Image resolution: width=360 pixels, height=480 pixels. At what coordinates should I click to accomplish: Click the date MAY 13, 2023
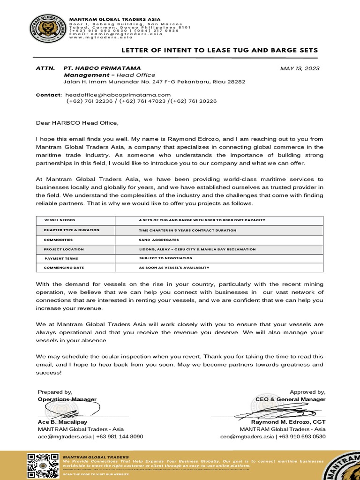pyautogui.click(x=300, y=68)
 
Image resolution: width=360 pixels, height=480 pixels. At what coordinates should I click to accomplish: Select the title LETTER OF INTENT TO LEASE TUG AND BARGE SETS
pyautogui.click(x=220, y=50)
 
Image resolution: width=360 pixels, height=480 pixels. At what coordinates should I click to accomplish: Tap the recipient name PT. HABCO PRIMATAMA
pyautogui.click(x=102, y=68)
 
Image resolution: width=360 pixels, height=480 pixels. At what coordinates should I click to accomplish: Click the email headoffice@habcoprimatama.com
pyautogui.click(x=118, y=95)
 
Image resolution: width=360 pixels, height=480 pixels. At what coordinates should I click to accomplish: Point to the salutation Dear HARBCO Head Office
pyautogui.click(x=77, y=123)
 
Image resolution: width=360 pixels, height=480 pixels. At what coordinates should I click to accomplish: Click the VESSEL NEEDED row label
pyautogui.click(x=60, y=220)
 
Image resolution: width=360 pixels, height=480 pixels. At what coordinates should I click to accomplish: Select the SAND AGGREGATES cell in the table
pyautogui.click(x=159, y=240)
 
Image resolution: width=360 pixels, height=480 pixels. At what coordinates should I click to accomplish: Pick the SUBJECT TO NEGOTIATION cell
pyautogui.click(x=165, y=258)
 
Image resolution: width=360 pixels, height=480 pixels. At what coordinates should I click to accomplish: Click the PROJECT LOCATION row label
pyautogui.click(x=64, y=249)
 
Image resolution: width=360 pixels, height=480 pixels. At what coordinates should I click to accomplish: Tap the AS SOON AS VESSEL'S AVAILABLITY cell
pyautogui.click(x=174, y=268)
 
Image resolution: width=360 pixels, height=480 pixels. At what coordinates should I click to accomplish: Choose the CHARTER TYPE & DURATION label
pyautogui.click(x=72, y=230)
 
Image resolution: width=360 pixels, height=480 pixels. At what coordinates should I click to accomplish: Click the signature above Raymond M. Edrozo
pyautogui.click(x=267, y=412)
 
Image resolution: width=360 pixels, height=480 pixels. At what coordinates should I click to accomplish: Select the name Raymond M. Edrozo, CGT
pyautogui.click(x=282, y=422)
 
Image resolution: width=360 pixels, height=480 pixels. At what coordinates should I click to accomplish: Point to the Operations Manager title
pyautogui.click(x=67, y=399)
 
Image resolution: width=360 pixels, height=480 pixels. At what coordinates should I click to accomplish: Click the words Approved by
pyautogui.click(x=307, y=392)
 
